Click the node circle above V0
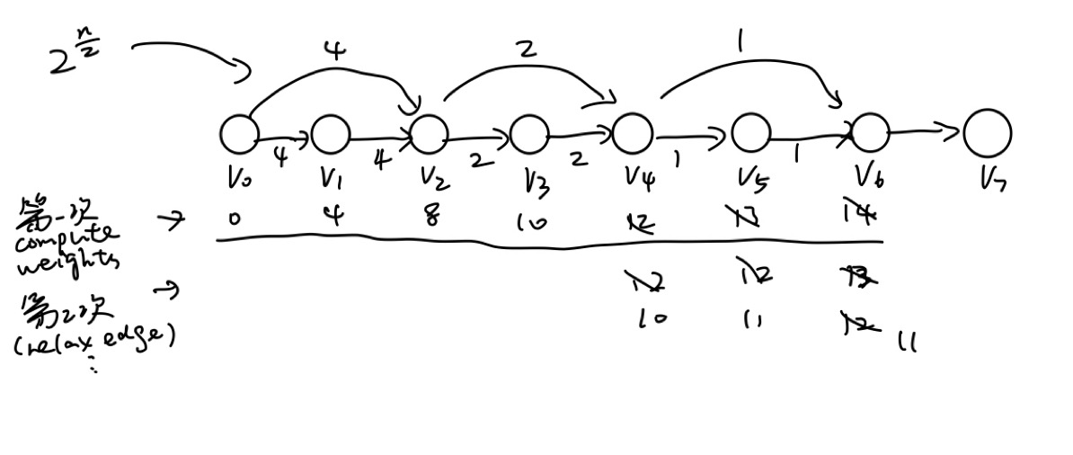(x=239, y=135)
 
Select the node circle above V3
(x=529, y=136)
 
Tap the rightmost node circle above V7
(x=987, y=133)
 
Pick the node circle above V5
(x=750, y=133)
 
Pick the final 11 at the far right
(x=907, y=342)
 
